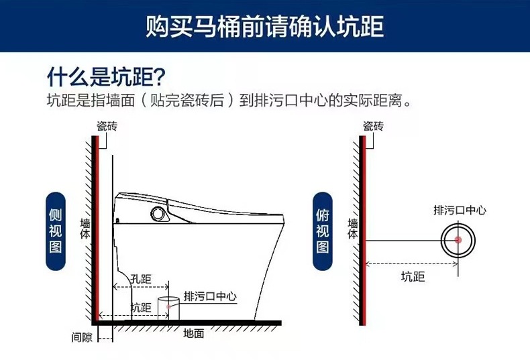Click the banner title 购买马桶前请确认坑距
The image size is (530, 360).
265,27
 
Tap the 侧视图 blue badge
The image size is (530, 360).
56,231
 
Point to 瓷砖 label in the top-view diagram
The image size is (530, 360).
373,126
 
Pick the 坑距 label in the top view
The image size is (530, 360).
413,276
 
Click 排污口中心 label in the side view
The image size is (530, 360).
210,296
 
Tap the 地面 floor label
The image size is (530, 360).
194,333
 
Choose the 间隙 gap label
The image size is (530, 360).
82,337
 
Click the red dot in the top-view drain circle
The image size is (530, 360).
459,239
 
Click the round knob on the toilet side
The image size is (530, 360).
159,214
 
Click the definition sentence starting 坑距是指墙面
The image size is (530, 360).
228,101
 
